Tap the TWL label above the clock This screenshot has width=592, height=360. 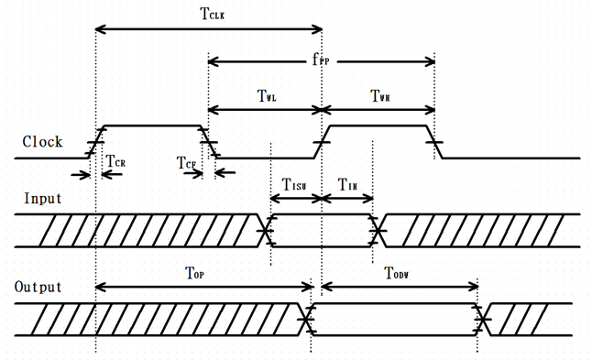pos(265,96)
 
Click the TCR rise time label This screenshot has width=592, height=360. pos(115,162)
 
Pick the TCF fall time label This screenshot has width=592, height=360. pos(188,162)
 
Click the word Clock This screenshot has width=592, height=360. pos(42,142)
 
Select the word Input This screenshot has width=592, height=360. pos(42,198)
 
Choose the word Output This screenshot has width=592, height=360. pos(39,287)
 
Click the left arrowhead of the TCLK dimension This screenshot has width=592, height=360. pos(100,31)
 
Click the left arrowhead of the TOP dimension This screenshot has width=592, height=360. pos(100,287)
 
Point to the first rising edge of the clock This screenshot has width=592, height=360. pos(95,142)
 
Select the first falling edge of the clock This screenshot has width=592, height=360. pos(209,142)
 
